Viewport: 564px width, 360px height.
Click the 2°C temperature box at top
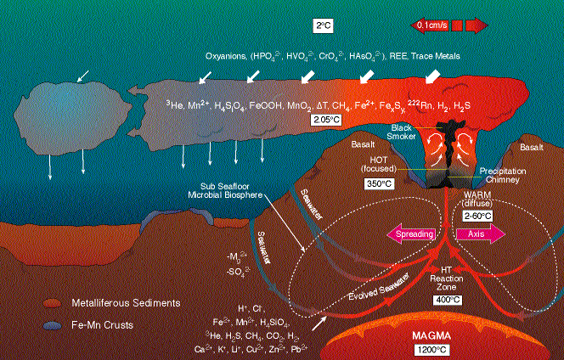[x=323, y=26]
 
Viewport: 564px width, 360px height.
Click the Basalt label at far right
[x=532, y=148]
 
